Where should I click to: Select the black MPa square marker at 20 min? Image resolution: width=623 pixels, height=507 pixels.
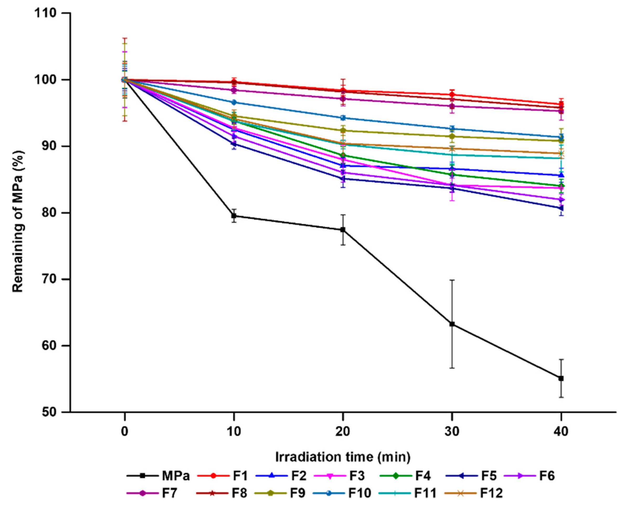point(343,230)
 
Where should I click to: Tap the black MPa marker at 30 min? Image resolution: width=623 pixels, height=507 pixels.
point(452,324)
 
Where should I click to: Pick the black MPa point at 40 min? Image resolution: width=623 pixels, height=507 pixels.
point(561,378)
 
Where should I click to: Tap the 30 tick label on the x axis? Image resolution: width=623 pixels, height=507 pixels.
point(452,431)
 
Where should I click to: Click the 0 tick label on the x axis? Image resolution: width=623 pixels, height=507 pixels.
point(125,431)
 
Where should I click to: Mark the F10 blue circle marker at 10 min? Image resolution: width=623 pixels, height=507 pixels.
point(234,103)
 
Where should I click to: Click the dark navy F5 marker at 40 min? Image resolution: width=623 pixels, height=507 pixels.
point(561,208)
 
